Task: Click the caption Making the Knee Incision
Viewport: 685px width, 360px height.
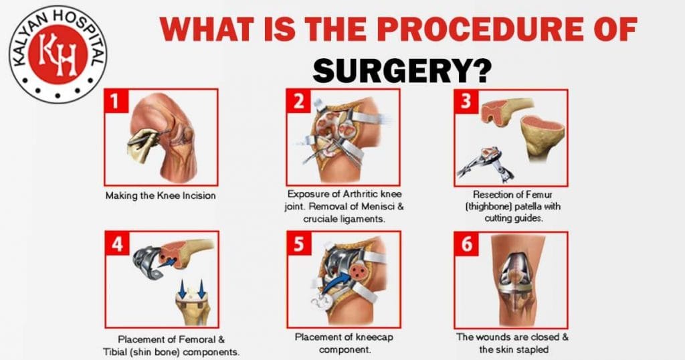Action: (x=161, y=196)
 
